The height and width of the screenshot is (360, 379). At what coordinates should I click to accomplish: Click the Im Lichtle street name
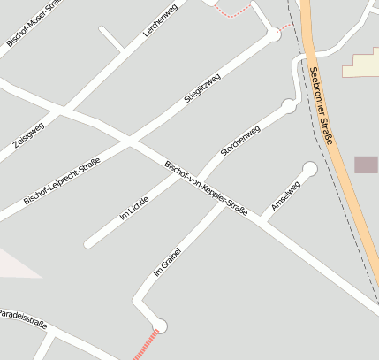tap(133, 207)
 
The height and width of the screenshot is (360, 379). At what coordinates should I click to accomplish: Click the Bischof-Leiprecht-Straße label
tap(62, 180)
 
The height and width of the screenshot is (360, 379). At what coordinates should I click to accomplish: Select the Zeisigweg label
tap(28, 133)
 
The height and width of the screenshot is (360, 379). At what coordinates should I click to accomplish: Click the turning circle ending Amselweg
tap(309, 168)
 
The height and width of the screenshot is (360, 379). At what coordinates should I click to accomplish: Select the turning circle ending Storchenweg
tap(288, 106)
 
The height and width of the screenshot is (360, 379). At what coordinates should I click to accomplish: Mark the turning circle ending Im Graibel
tap(159, 326)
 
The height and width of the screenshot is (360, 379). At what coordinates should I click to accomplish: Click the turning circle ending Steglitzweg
tap(274, 35)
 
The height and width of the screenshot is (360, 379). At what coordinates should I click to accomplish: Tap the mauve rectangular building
tap(366, 165)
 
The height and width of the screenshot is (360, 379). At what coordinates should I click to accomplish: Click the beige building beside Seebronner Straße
tap(362, 65)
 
